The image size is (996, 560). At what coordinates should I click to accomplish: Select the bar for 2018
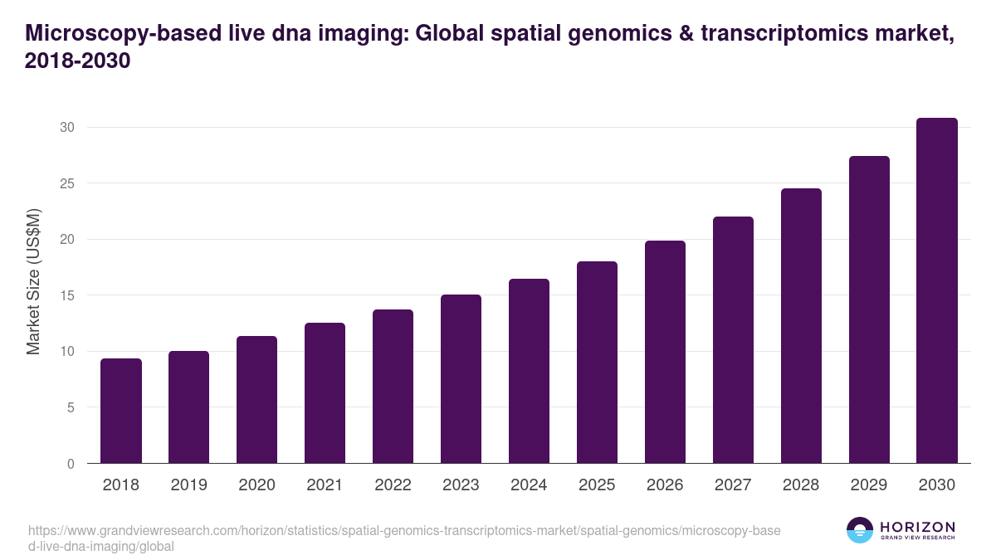121,411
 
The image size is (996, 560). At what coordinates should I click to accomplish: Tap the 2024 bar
529,371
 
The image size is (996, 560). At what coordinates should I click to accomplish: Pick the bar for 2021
325,392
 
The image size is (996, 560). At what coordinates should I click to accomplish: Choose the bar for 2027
733,340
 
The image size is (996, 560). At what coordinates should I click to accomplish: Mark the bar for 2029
869,309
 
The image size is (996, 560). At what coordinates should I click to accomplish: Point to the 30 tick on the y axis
66,127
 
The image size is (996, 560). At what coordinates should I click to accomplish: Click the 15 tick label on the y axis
66,295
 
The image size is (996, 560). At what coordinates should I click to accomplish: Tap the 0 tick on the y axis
71,464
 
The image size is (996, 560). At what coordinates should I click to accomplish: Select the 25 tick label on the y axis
66,183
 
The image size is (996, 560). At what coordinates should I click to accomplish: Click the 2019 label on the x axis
188,485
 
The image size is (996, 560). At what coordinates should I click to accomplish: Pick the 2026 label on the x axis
665,485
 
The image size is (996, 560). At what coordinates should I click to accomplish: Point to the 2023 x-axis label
461,485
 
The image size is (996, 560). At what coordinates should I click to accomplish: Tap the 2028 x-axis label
801,485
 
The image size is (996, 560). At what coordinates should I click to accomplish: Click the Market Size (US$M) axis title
33,282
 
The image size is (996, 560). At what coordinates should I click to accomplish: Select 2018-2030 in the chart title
78,61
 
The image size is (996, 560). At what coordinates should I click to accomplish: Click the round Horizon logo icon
860,530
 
